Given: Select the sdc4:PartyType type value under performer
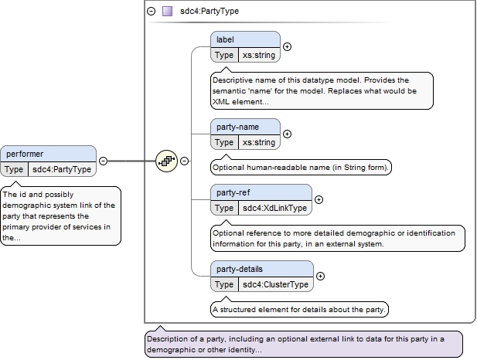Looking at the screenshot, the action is click(x=62, y=169).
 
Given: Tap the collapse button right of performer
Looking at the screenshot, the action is click(x=103, y=161).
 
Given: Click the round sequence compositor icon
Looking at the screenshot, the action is click(x=166, y=161).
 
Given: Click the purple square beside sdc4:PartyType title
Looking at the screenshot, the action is click(x=167, y=12).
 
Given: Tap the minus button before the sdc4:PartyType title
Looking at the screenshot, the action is click(x=152, y=12).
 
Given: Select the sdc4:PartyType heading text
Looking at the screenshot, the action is click(x=210, y=12).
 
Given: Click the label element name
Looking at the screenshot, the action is click(x=225, y=39).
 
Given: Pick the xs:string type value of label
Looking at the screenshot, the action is click(x=259, y=55).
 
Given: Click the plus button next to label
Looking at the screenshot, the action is click(x=287, y=47).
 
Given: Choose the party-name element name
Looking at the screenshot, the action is click(x=237, y=127).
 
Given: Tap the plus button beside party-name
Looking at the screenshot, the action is click(x=287, y=134).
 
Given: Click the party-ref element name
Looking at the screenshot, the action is click(x=233, y=192).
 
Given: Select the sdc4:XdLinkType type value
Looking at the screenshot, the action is click(x=274, y=208).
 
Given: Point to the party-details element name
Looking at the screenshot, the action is click(x=240, y=269).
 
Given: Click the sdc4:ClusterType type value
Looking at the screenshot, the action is click(x=276, y=284).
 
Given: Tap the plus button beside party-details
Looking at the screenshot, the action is click(x=320, y=276).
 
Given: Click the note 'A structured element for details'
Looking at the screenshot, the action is click(x=299, y=310).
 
